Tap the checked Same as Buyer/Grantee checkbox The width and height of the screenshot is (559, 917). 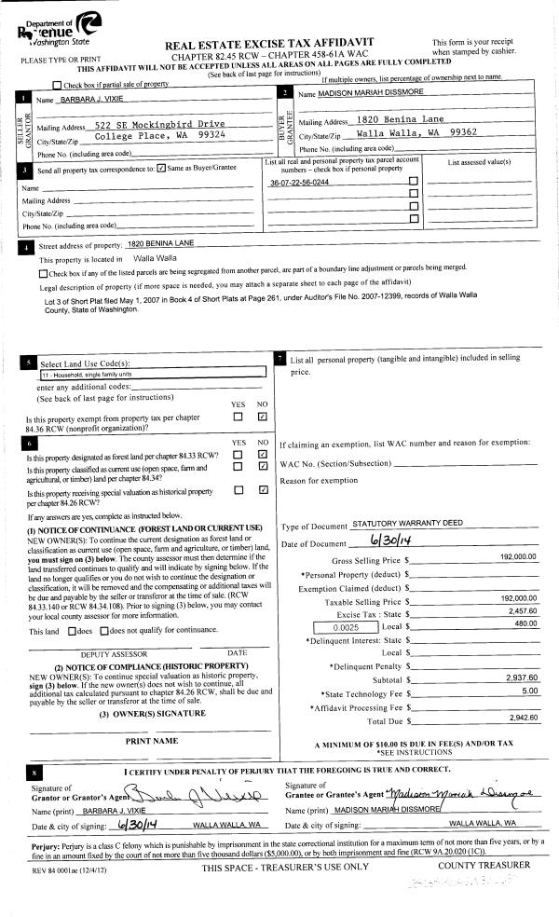[162, 169]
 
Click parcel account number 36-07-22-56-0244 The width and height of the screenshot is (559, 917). [299, 183]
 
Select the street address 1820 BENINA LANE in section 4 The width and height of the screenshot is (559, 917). [160, 242]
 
